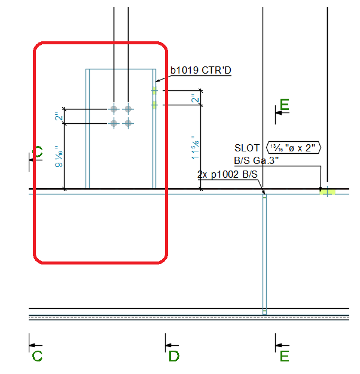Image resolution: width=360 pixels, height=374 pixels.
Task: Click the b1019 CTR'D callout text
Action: coord(201,71)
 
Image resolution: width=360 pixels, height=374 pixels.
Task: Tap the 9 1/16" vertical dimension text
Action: coord(59,156)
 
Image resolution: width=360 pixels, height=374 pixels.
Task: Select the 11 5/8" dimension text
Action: coord(196,147)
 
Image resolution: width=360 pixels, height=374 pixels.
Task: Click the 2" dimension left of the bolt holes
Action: coord(59,117)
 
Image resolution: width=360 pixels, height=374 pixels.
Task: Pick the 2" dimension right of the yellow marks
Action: coord(196,98)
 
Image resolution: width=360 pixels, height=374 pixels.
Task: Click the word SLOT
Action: coord(247,148)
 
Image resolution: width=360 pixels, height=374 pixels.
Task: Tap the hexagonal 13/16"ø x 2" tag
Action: coord(294,148)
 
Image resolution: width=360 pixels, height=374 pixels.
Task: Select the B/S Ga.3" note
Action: coord(257,160)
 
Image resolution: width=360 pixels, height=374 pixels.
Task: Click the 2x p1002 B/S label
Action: coord(227,174)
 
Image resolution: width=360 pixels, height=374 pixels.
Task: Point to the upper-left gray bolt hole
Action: coord(114,109)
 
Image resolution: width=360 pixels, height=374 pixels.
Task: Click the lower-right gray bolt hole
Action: coord(128,123)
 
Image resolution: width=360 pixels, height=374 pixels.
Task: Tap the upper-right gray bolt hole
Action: coord(128,109)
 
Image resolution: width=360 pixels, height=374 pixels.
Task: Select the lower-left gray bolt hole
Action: coord(114,123)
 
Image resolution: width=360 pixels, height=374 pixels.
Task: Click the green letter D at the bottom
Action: coord(174,356)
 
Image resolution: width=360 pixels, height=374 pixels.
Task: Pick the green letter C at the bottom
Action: coord(37,356)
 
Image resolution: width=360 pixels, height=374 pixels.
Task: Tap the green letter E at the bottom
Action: coord(285,356)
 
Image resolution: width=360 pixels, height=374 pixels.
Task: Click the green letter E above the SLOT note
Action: coord(285,105)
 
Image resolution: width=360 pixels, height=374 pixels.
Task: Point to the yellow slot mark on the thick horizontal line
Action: coord(327,191)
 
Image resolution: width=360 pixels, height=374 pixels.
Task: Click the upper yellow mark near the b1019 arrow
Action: coord(154,90)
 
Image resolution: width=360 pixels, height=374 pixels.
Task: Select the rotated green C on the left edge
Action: coord(39,151)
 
